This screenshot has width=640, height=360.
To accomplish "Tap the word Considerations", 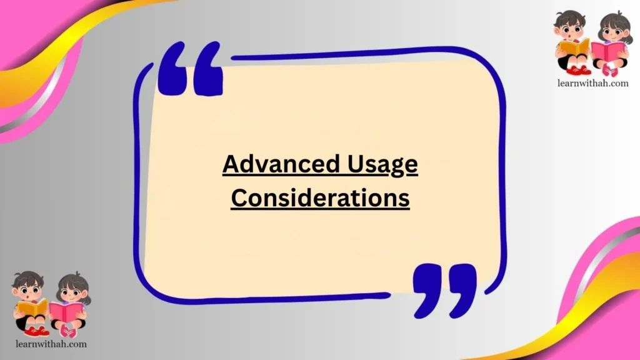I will (x=320, y=197).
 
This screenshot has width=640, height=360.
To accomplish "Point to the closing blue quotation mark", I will (x=444, y=289).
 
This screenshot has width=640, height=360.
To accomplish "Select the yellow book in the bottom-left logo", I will (x=32, y=307).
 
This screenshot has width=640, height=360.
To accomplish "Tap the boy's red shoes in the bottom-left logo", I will (x=36, y=331).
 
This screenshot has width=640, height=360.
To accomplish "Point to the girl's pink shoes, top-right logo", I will (x=609, y=71).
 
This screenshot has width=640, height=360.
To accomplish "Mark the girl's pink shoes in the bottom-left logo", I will (x=68, y=332).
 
